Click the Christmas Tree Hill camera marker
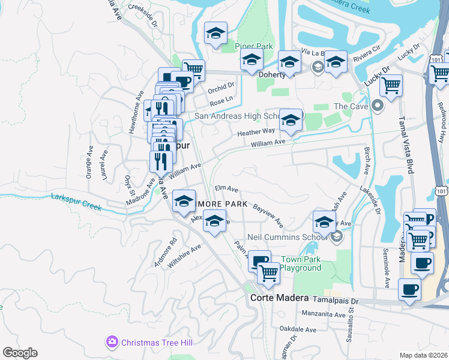[112, 342]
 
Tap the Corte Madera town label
[279, 298]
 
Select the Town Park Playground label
[300, 263]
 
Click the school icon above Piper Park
[215, 34]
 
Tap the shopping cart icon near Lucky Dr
[391, 85]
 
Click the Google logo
[20, 353]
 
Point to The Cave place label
[349, 106]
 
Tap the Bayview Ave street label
[268, 214]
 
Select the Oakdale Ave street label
[297, 329]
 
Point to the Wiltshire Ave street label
[184, 256]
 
